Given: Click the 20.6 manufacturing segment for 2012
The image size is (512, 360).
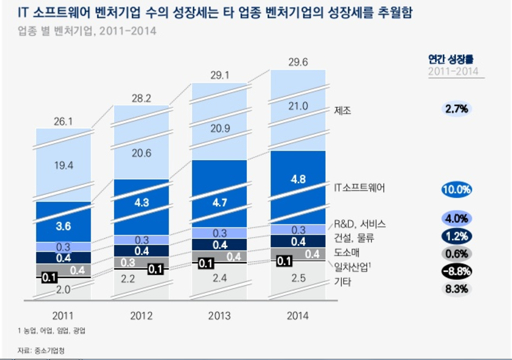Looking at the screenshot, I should pyautogui.click(x=142, y=152).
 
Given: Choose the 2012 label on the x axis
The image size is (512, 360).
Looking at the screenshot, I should pyautogui.click(x=142, y=316).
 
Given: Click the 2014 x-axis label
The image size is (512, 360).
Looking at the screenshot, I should pyautogui.click(x=298, y=316).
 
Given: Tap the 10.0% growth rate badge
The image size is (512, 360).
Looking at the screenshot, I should pyautogui.click(x=456, y=189).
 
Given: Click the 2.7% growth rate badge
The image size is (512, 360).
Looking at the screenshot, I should pyautogui.click(x=456, y=110).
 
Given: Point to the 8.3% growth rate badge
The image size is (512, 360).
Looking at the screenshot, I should pyautogui.click(x=456, y=289).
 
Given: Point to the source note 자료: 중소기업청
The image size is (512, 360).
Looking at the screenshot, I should pyautogui.click(x=40, y=351).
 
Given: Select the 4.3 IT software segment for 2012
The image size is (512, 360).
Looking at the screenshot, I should pyautogui.click(x=142, y=204).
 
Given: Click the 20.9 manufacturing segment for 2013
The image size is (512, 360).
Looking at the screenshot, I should pyautogui.click(x=220, y=129).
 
